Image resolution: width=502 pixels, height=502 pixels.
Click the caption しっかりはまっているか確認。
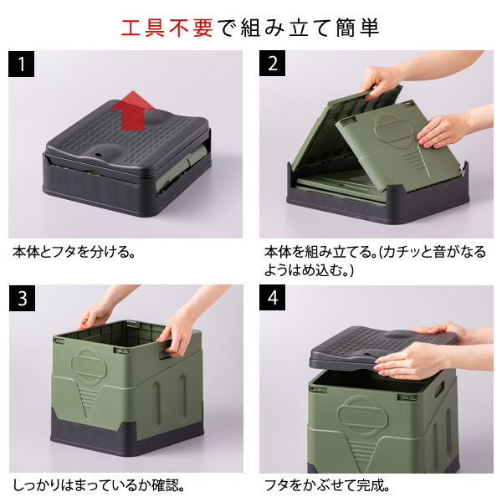point(99,485)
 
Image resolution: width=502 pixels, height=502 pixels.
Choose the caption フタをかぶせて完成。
point(327,485)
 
